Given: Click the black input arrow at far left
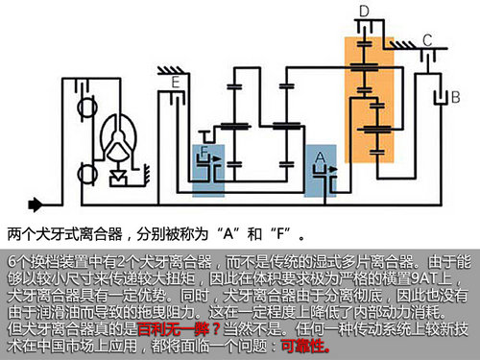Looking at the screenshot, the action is (x=37, y=204).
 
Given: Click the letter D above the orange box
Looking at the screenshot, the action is (x=364, y=11).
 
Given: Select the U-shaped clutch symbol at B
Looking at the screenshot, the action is (x=441, y=96).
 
